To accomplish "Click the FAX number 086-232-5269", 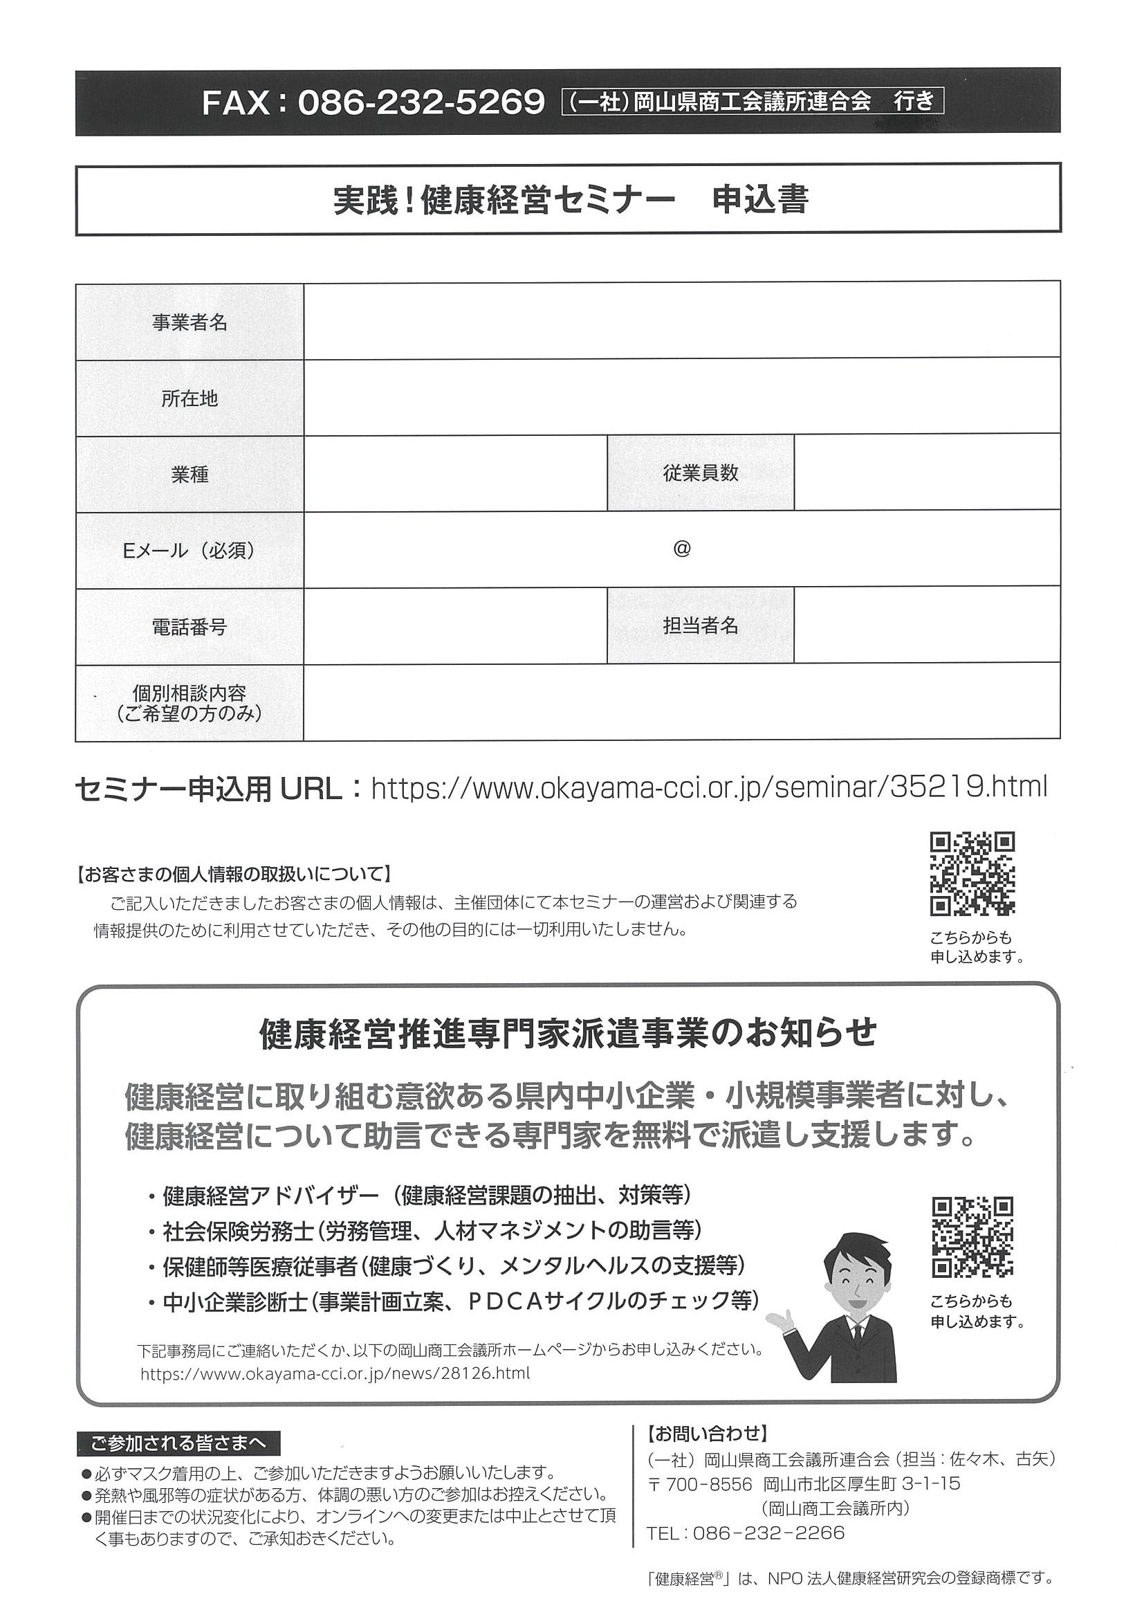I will pyautogui.click(x=421, y=103).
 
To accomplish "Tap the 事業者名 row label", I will pyautogui.click(x=190, y=323).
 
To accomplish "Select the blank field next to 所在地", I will pyautogui.click(x=681, y=399).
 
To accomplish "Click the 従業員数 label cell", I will pyautogui.click(x=700, y=473).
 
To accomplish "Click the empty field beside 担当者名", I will pyautogui.click(x=926, y=626).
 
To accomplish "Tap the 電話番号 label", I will pyautogui.click(x=190, y=627).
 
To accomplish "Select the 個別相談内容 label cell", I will pyautogui.click(x=190, y=702).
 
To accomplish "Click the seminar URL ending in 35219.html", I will pyautogui.click(x=708, y=787).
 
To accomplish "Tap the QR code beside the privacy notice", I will pyautogui.click(x=972, y=874).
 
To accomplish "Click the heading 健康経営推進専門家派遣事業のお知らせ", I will pyautogui.click(x=567, y=1034).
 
